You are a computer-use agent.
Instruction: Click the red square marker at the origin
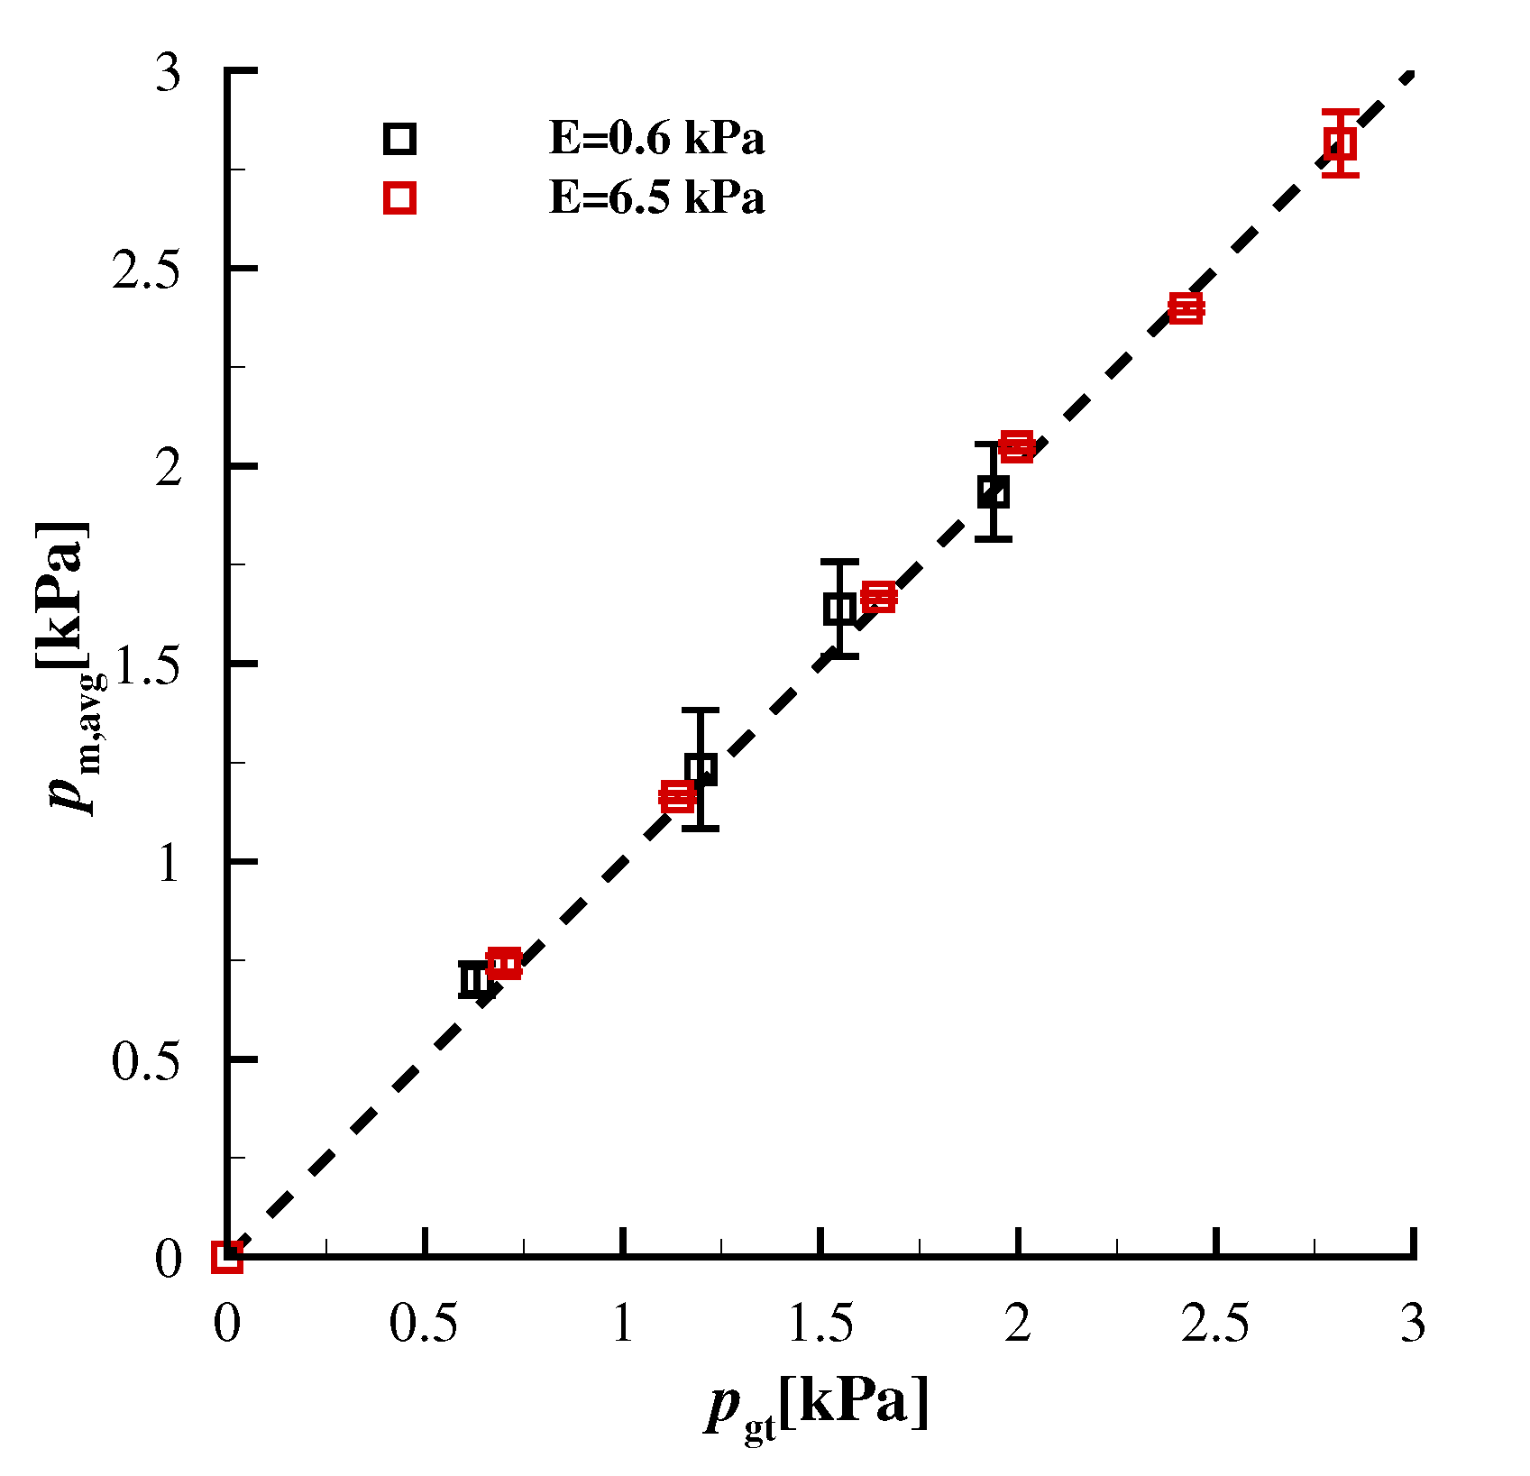(227, 1257)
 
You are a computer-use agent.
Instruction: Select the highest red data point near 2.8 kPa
(1340, 143)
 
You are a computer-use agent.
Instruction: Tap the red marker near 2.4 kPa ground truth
(1186, 308)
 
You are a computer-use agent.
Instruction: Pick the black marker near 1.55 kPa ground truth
(839, 609)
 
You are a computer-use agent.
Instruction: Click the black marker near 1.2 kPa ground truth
(701, 769)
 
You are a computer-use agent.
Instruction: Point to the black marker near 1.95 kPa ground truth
(993, 492)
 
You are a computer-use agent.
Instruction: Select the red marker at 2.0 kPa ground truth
(1017, 446)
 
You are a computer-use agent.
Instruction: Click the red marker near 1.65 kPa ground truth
(878, 597)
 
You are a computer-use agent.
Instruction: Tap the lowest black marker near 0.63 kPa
(475, 979)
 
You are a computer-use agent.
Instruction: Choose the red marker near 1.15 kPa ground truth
(677, 796)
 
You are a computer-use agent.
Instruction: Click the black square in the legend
(399, 139)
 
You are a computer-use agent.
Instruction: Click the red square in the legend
(399, 197)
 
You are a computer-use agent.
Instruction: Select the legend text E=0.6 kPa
(656, 139)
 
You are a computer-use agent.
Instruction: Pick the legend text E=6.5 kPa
(656, 197)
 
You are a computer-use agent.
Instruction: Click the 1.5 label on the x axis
(820, 1325)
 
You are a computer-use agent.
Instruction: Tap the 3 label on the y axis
(169, 72)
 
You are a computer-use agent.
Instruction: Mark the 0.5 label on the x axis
(424, 1325)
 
